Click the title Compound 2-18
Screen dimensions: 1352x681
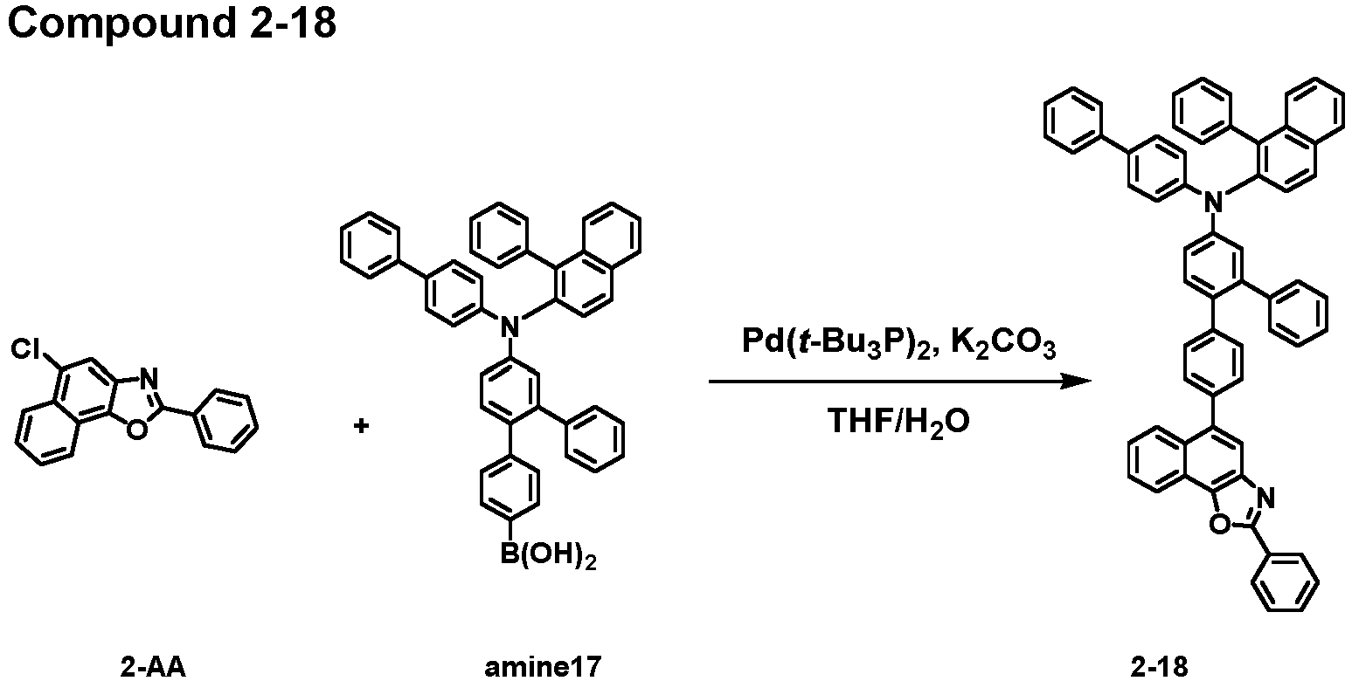(172, 24)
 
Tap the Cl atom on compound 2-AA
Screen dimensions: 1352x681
(28, 349)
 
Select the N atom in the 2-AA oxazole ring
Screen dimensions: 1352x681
(149, 378)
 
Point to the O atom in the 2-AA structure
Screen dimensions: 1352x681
(137, 429)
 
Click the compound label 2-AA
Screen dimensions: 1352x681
(153, 667)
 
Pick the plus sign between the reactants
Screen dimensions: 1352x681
(361, 426)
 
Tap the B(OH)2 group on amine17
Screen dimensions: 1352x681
(548, 555)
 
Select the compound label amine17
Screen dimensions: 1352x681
(543, 667)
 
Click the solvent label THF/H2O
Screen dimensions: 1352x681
(898, 421)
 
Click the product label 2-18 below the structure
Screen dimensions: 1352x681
(1160, 667)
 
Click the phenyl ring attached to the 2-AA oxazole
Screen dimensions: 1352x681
(228, 422)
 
